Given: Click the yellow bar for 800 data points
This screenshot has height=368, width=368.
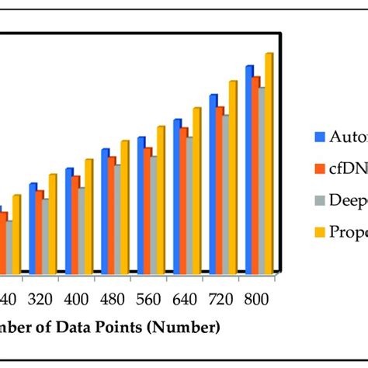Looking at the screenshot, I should click(268, 163).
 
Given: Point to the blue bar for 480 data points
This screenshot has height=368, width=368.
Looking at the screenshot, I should click(105, 210).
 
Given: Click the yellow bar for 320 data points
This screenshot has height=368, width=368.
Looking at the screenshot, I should click(52, 224).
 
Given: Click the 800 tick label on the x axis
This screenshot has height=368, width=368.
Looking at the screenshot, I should click(257, 299).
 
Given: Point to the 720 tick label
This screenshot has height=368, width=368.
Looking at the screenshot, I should click(220, 299).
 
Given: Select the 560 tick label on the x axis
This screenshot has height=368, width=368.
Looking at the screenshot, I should click(148, 299).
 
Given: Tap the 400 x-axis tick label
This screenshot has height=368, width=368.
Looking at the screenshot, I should click(76, 299).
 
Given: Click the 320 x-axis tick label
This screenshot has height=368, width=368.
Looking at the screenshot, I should click(40, 299).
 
